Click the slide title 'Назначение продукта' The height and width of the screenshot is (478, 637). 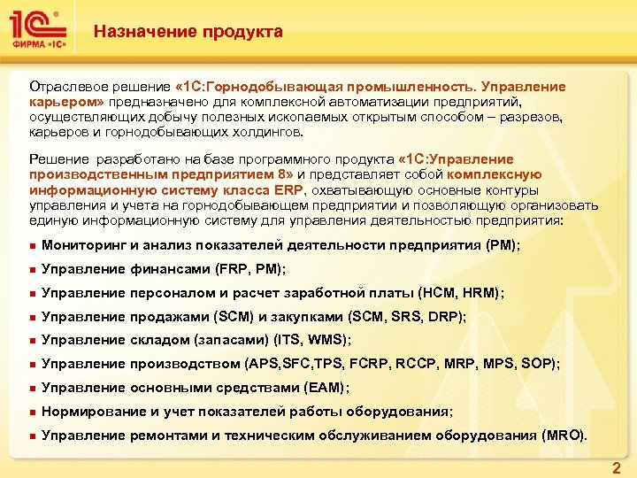click(188, 33)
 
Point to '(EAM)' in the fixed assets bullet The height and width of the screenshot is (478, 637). click(325, 388)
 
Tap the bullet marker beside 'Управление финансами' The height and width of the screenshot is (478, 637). click(31, 268)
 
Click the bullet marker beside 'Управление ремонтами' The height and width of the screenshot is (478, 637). click(31, 436)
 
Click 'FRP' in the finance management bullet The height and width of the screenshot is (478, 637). click(234, 268)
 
